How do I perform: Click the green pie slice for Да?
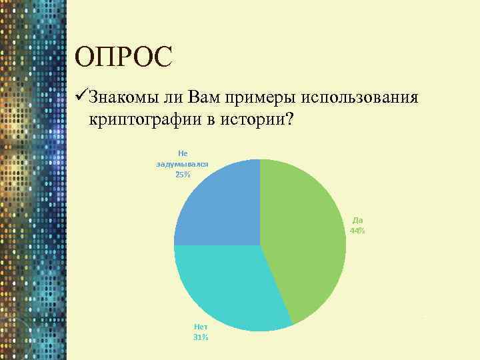click(307, 240)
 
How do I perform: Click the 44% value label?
click(357, 231)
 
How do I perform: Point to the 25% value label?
click(183, 174)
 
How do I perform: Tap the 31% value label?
click(201, 338)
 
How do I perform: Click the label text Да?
click(357, 220)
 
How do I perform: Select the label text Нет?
click(201, 327)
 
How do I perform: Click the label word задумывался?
click(183, 163)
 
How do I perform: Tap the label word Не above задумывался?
click(183, 153)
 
